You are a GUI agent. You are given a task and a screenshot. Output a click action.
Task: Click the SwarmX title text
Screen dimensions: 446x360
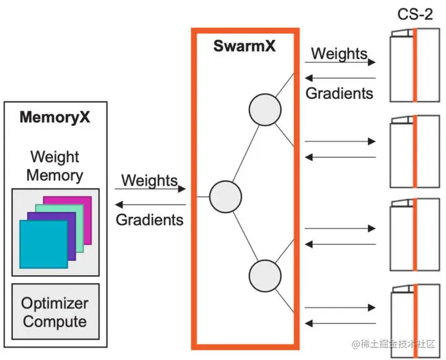pos(244,46)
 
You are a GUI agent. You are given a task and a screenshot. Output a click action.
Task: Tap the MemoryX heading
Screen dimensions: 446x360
pos(55,117)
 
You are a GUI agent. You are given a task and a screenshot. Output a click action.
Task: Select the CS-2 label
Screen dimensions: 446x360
pos(415,14)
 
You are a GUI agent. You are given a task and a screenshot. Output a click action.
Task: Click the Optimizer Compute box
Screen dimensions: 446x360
pos(56,311)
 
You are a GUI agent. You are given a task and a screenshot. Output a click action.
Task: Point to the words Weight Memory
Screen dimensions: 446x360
pos(55,166)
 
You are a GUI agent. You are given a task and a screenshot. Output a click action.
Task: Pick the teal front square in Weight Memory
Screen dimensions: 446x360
pos(43,244)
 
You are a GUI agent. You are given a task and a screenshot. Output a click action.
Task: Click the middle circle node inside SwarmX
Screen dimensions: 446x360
pos(225,196)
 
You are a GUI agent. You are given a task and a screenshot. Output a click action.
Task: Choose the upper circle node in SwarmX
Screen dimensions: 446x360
pos(265,110)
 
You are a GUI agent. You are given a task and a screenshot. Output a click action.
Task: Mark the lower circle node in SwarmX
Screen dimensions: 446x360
pos(265,276)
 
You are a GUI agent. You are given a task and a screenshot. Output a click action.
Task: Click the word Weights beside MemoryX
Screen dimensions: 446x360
pos(149,180)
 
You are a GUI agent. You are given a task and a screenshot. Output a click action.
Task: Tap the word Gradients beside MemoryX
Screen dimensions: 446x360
pos(150,220)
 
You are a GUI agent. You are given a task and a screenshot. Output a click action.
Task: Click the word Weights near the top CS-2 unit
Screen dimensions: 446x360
pos(339,53)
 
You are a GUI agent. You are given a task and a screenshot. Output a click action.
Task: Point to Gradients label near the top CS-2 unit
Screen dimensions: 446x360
pos(339,94)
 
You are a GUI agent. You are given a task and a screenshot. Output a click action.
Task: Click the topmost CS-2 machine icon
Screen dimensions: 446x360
pos(414,65)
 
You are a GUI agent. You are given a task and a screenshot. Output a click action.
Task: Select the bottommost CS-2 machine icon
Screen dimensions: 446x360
pos(415,321)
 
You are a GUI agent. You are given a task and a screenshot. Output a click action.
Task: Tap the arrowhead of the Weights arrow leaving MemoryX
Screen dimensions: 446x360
pos(181,189)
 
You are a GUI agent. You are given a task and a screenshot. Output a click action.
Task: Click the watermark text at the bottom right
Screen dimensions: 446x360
pos(393,344)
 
